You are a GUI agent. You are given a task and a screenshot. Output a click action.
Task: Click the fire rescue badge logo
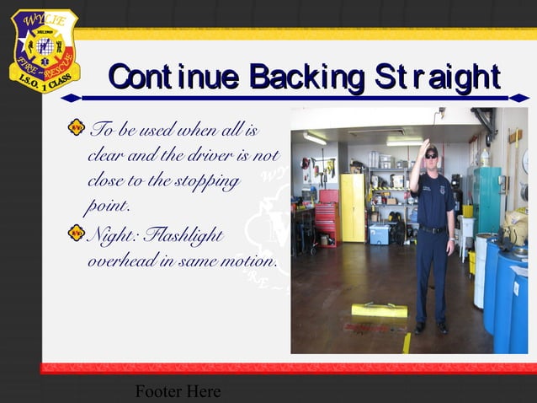tap(43, 50)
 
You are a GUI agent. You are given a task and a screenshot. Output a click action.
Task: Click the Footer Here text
tap(178, 391)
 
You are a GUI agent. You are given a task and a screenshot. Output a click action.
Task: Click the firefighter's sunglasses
tap(431, 155)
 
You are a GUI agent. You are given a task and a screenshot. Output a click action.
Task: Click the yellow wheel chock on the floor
tap(380, 309)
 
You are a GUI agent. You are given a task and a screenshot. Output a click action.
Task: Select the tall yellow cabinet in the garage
tap(352, 207)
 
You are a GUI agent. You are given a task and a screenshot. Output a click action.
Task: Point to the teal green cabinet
tap(486, 199)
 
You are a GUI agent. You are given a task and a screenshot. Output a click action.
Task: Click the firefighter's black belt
tap(433, 228)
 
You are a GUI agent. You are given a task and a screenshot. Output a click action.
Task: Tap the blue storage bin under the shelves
tap(379, 233)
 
